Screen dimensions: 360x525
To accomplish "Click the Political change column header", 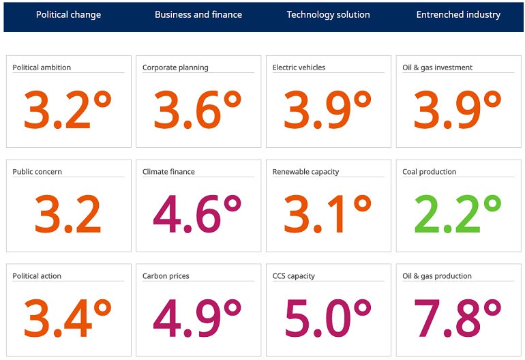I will point(68,14).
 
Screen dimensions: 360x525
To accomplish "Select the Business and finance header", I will point(198,14).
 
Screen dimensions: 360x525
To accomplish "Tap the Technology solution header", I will point(328,14).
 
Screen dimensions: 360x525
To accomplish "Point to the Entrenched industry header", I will point(458,14).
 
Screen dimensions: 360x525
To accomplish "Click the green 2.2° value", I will point(457,214).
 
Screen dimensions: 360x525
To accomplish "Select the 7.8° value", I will point(457,318).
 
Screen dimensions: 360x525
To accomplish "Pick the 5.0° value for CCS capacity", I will point(328,318).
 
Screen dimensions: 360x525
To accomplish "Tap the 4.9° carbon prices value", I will point(198,318).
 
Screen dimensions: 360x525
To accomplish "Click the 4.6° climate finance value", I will point(198,214).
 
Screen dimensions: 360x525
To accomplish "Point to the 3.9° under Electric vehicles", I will point(328,110).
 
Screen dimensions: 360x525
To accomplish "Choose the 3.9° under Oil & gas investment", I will point(457,110).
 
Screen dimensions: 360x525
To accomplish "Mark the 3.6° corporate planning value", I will point(198,110).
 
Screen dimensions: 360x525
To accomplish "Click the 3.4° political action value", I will point(68,318).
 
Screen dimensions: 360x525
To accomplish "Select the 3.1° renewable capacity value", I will point(328,214).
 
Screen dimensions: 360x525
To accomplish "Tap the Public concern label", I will point(37,172).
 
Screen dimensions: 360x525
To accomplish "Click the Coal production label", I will point(429,172).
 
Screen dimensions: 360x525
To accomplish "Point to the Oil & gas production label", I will point(436,276).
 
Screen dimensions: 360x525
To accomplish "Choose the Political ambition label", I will point(42,67).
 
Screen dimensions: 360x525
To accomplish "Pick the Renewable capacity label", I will point(305,172).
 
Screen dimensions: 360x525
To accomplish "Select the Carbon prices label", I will point(166,276).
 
